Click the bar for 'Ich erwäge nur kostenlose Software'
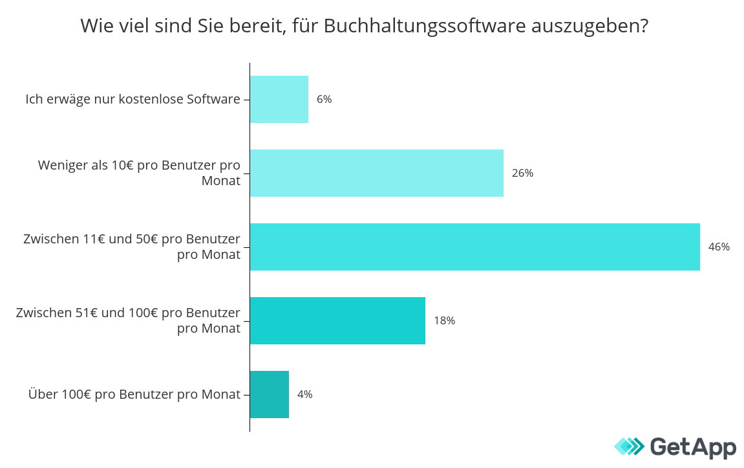[279, 99]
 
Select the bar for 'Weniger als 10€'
[377, 173]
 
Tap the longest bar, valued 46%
[475, 247]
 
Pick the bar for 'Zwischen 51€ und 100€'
[337, 320]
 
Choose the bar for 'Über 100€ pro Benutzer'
[270, 394]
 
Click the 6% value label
[324, 99]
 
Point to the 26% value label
[522, 173]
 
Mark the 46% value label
[719, 247]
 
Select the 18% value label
[444, 320]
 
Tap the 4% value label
[304, 394]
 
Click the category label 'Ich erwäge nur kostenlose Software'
[133, 99]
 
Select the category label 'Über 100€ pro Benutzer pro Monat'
[134, 394]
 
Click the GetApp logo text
[692, 447]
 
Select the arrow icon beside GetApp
[629, 447]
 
